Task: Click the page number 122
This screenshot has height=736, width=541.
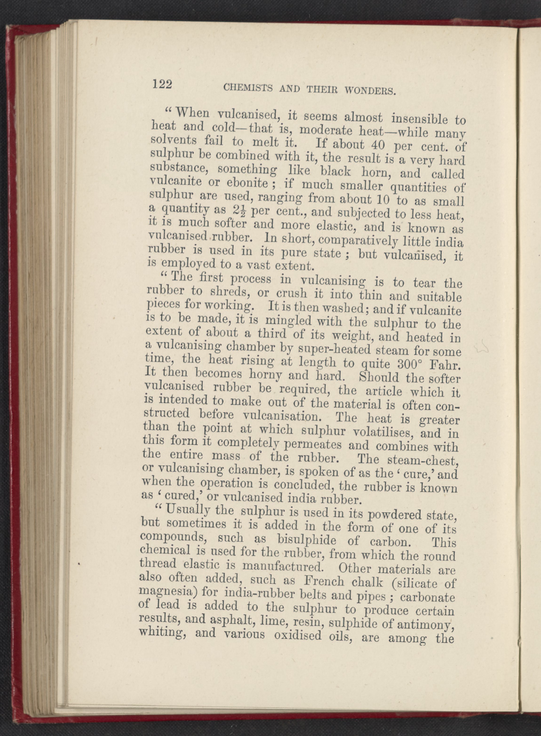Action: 162,84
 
